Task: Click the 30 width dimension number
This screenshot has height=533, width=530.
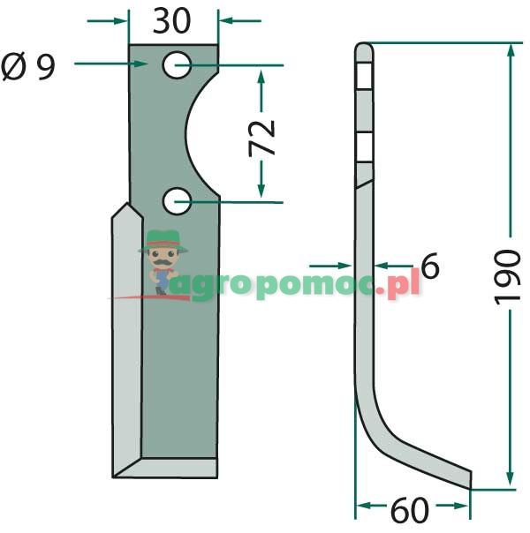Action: coord(171,20)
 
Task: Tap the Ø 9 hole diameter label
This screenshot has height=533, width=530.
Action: coord(28,66)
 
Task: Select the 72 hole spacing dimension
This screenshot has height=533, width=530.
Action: coord(261,138)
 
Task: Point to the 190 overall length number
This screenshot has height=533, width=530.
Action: coord(507,277)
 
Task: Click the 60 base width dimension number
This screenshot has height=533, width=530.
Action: coord(410,510)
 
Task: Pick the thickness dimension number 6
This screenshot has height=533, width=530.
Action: coord(430,266)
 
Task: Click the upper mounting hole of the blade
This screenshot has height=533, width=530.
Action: coord(177,65)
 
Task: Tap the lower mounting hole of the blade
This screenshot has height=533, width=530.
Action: coord(177,201)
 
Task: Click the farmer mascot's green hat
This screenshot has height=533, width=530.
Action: coord(163,241)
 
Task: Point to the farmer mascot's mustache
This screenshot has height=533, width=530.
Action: coord(163,262)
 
